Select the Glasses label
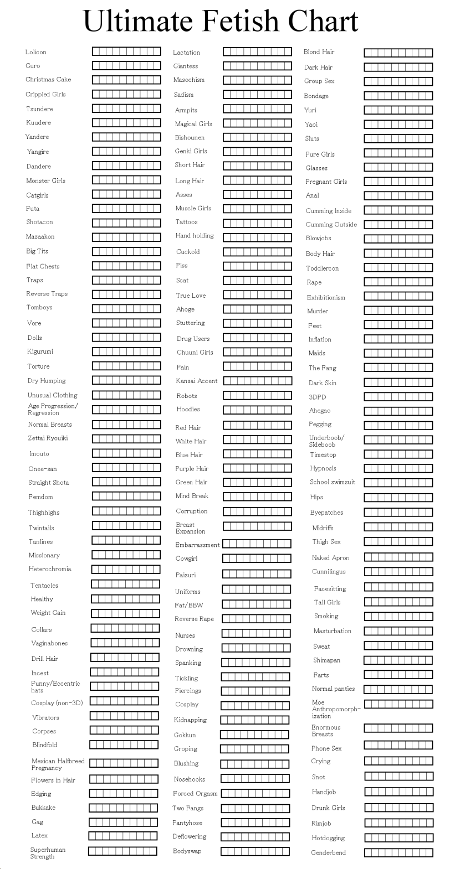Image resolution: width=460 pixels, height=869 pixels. coord(316,168)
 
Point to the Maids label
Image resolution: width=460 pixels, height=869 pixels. coord(316,353)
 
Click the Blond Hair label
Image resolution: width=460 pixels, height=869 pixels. coord(319,52)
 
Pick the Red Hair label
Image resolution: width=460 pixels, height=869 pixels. coord(188,428)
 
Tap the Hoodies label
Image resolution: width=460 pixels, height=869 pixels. coord(188,410)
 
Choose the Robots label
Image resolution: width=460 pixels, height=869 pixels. coord(187,396)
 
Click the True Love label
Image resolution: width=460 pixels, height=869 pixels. coord(191,296)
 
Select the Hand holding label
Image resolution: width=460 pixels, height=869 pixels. coord(195,236)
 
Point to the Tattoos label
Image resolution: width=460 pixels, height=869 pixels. coord(186,222)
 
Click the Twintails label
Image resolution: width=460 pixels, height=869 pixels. coord(41,528)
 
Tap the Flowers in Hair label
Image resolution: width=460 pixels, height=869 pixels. coord(53,780)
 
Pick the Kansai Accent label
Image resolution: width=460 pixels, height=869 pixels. coord(196,381)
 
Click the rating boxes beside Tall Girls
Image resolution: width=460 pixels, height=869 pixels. coord(398,602)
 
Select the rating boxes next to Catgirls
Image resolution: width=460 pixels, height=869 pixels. coord(126,194)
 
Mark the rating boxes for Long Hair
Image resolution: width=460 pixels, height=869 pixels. coord(257,180)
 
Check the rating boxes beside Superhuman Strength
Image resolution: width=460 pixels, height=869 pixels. coord(122,851)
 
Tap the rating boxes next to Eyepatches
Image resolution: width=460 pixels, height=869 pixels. coord(398,512)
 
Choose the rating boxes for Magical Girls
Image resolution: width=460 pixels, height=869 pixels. coord(257,123)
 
